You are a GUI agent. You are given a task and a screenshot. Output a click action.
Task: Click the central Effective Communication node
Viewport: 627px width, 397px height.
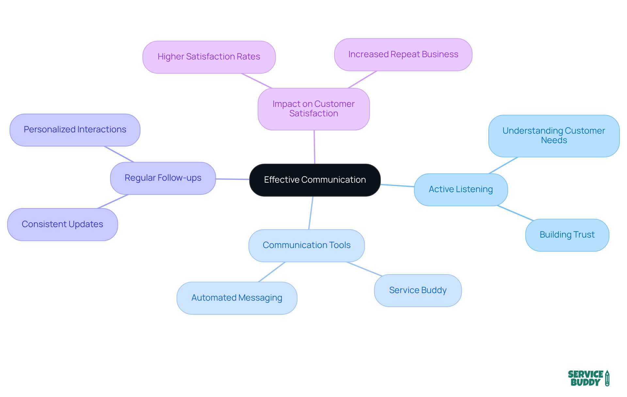click(x=315, y=180)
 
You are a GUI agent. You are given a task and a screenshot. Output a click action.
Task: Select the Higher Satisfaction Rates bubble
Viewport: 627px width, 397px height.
click(x=209, y=57)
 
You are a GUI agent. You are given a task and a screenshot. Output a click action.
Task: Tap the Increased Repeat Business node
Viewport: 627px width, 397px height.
click(x=403, y=55)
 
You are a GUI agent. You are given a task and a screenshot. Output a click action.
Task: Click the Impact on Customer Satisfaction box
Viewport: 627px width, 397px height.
click(x=313, y=109)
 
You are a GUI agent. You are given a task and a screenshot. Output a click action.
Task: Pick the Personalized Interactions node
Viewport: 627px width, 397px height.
click(x=75, y=130)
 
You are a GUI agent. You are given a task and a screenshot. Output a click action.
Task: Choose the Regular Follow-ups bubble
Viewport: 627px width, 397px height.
click(x=163, y=178)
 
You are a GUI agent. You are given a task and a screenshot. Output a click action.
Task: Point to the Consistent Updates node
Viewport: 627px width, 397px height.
click(x=62, y=224)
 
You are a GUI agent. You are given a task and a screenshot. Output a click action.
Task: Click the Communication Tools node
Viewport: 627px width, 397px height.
click(x=306, y=245)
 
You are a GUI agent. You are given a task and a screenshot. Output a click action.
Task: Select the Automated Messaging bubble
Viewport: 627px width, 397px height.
click(x=237, y=298)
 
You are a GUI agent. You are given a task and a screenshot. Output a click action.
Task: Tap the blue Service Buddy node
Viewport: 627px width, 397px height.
click(x=418, y=290)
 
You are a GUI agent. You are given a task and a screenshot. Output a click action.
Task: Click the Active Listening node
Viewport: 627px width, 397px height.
click(x=460, y=190)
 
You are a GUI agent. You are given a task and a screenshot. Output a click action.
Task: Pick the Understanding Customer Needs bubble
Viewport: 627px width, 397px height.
click(x=554, y=136)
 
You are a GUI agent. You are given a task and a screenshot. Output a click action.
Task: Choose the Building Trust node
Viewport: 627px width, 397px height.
click(x=567, y=235)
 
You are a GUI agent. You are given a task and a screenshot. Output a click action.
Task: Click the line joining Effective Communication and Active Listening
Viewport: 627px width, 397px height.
click(x=397, y=186)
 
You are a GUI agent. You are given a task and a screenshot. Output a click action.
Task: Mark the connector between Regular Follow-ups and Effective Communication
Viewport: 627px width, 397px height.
click(x=233, y=179)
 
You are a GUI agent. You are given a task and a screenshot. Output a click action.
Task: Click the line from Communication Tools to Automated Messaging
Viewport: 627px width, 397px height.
click(x=272, y=272)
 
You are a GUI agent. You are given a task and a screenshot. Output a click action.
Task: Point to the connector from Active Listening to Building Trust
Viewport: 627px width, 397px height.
click(x=515, y=213)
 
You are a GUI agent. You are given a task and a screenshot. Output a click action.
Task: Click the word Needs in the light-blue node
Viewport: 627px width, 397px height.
click(x=554, y=141)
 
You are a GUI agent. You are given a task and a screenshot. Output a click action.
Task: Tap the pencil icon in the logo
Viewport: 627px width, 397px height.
click(x=607, y=378)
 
